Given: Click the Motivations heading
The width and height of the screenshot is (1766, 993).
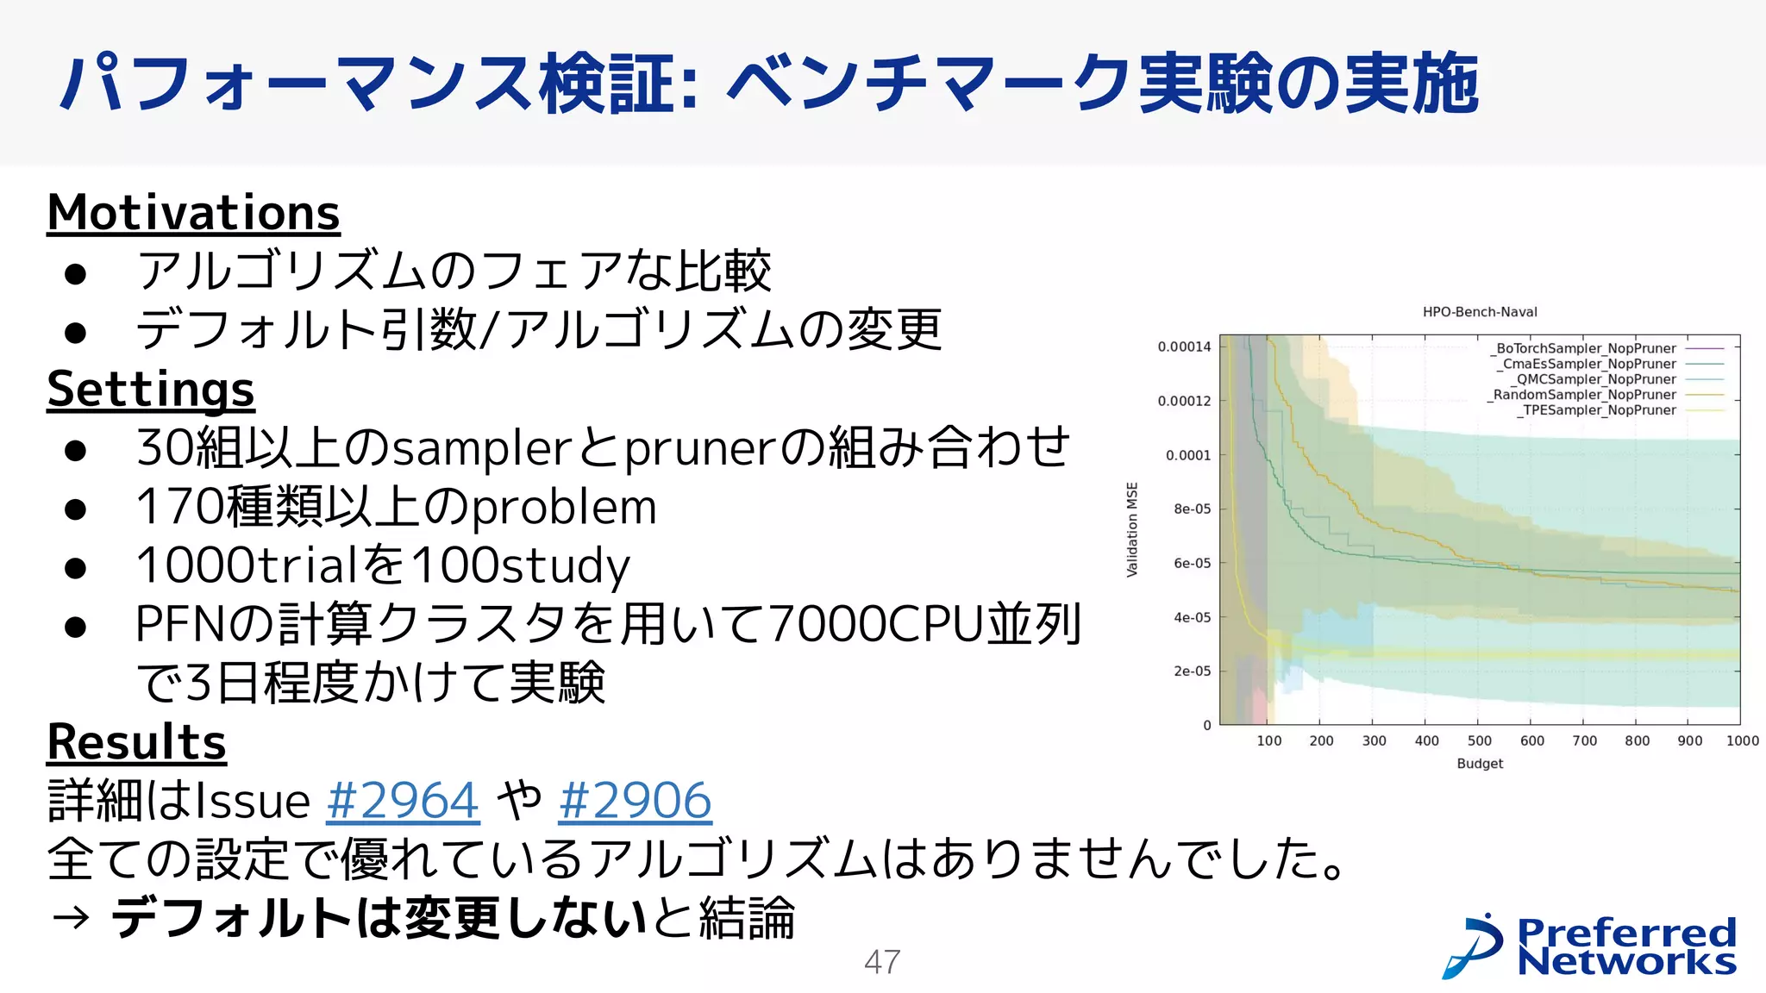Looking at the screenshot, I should pos(193,212).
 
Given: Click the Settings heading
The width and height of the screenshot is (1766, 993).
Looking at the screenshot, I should pos(151,389).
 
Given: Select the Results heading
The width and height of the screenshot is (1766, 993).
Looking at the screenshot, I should pos(136,741).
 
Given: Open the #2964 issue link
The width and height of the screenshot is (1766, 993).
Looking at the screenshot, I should pos(403,800).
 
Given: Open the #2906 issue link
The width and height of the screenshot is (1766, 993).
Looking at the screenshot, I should pos(635,800).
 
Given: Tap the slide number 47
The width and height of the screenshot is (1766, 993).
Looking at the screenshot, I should pos(882,962).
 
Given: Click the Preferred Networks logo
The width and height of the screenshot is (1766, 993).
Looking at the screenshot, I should pos(1590,946).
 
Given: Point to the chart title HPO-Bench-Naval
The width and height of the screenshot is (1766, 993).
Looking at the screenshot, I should pos(1480,312).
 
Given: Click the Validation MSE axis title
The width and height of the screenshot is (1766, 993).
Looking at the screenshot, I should pos(1132,529).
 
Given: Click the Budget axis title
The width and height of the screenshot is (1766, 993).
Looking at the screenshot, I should pos(1480,764).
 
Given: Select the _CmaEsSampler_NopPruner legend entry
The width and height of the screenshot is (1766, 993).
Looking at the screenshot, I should pos(1587,364).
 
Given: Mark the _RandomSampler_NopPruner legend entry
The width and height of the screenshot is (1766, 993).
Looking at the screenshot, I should pos(1582,395).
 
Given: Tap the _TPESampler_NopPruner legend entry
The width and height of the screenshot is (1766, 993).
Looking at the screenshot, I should pos(1596,410).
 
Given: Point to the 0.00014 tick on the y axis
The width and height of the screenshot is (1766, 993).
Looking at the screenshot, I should pos(1184,347).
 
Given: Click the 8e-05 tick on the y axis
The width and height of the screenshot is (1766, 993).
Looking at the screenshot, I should pos(1192,509).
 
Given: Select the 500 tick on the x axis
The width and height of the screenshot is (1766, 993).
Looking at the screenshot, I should pos(1480,740).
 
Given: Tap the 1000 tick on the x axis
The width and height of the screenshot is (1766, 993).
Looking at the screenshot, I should pos(1742,740).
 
